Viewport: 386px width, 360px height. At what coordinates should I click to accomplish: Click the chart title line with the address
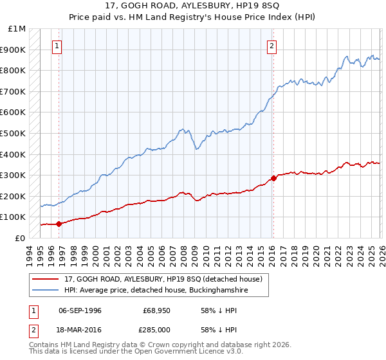click(193, 6)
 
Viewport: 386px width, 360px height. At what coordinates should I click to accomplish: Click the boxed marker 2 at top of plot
click(273, 46)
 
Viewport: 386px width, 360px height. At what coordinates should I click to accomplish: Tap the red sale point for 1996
click(59, 224)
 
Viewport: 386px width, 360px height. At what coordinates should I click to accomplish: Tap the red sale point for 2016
click(273, 178)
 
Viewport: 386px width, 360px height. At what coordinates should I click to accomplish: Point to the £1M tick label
click(17, 29)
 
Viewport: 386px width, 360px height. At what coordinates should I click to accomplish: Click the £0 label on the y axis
click(21, 239)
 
